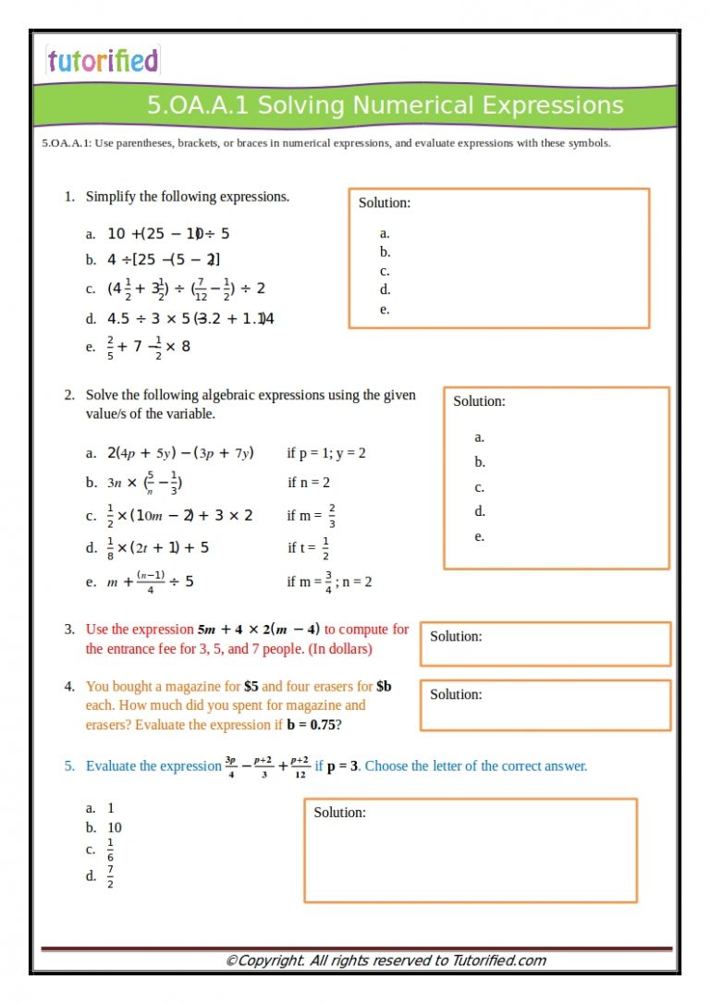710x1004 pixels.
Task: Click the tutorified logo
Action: [x=103, y=61]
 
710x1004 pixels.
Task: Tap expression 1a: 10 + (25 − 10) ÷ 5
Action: [x=168, y=234]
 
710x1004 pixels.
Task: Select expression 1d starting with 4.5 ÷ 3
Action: [x=190, y=319]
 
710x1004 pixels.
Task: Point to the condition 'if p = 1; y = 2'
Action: [x=326, y=453]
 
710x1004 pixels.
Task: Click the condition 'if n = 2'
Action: [x=309, y=483]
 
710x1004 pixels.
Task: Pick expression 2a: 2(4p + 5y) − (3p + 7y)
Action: [x=180, y=453]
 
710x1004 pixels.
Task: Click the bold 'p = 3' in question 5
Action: [x=342, y=765]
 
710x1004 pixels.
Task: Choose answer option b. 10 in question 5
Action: [x=104, y=827]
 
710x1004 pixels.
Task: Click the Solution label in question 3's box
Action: [x=456, y=636]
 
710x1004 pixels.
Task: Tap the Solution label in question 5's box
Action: [x=339, y=812]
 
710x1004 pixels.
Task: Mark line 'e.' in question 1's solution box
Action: [x=385, y=310]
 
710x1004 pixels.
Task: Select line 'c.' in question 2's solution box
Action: [x=479, y=487]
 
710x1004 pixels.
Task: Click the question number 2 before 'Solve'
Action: [x=68, y=395]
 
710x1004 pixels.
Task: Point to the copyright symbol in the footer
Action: [x=231, y=961]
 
